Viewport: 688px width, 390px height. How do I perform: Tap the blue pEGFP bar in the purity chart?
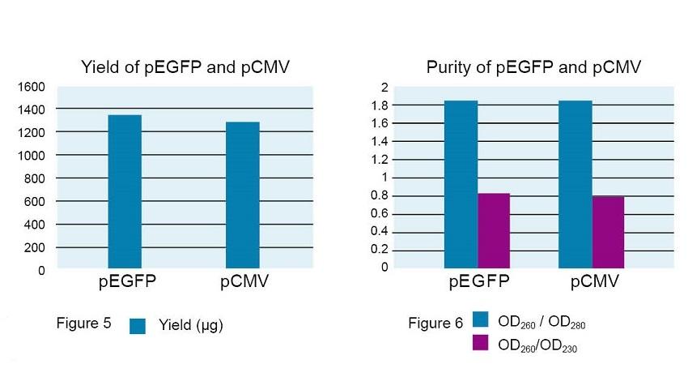click(461, 184)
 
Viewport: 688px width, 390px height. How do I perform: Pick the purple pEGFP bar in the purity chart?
click(494, 230)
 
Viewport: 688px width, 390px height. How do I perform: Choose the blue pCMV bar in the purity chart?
click(575, 184)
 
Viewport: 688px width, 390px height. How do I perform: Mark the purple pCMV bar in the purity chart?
click(608, 232)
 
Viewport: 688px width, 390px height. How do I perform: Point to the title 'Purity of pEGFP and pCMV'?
click(533, 67)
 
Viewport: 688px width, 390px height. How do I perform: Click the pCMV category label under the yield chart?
click(244, 283)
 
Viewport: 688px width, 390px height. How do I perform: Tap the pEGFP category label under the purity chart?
click(478, 283)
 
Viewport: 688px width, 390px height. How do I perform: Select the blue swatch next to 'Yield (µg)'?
click(138, 326)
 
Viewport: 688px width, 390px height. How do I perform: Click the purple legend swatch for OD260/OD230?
click(480, 343)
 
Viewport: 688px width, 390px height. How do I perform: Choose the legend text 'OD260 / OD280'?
click(541, 323)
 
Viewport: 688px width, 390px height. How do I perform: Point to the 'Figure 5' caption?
click(83, 324)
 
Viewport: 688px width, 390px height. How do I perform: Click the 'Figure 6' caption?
click(435, 324)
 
